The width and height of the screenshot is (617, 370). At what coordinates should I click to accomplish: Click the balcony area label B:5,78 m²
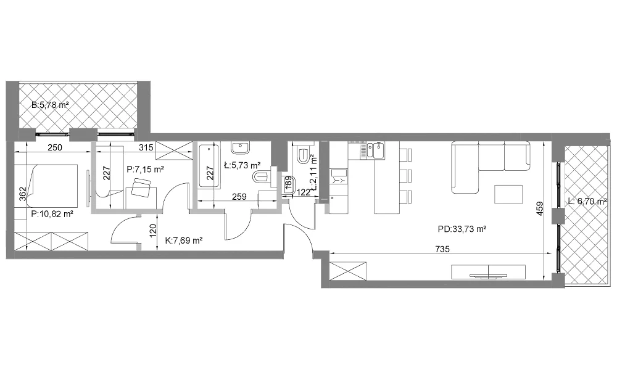click(x=51, y=105)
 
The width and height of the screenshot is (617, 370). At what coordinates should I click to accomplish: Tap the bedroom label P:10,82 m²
click(x=52, y=214)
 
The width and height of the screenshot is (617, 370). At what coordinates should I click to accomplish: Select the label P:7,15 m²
click(x=145, y=170)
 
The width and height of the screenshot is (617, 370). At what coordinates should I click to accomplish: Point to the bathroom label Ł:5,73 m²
click(x=242, y=165)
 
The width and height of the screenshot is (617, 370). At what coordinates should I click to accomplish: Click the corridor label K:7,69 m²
click(x=184, y=240)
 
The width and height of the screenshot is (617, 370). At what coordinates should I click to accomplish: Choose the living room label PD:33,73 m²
click(x=462, y=229)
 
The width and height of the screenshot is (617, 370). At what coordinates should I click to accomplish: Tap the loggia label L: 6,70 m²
click(x=587, y=201)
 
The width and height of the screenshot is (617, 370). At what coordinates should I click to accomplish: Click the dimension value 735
click(x=442, y=249)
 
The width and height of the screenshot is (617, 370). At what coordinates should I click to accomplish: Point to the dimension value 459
click(x=539, y=209)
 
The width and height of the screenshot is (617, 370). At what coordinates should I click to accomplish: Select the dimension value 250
click(x=55, y=147)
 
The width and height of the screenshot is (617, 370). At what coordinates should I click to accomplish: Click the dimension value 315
click(x=146, y=148)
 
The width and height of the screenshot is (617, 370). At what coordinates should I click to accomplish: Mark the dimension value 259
click(x=239, y=196)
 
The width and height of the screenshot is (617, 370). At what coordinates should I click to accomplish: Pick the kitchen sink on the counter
click(x=375, y=150)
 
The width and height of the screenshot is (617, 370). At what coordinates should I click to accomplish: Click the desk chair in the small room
click(x=141, y=187)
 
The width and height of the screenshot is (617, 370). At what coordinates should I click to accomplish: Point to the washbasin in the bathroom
click(x=240, y=148)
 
